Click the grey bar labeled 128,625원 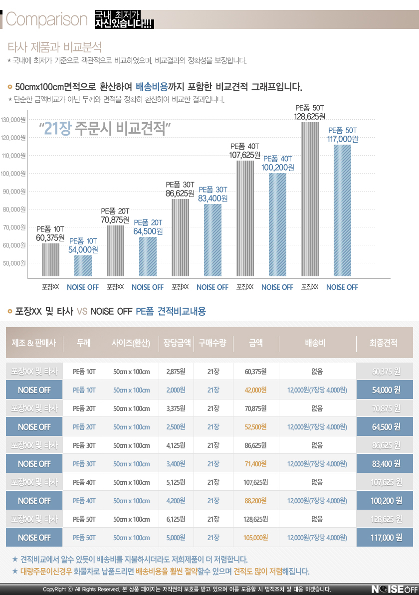[x=310, y=199]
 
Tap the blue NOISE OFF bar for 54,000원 [x=83, y=266]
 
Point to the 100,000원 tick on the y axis [x=14, y=174]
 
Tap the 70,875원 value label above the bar [x=115, y=219]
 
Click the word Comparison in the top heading [x=47, y=20]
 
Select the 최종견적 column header [x=384, y=343]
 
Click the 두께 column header [x=84, y=343]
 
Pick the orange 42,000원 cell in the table [x=255, y=390]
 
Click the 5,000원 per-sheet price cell [x=176, y=538]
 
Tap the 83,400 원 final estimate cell [x=386, y=464]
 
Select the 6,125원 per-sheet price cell [x=176, y=519]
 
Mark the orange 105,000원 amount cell [x=255, y=538]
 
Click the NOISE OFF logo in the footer [x=394, y=589]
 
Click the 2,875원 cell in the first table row [x=176, y=372]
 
